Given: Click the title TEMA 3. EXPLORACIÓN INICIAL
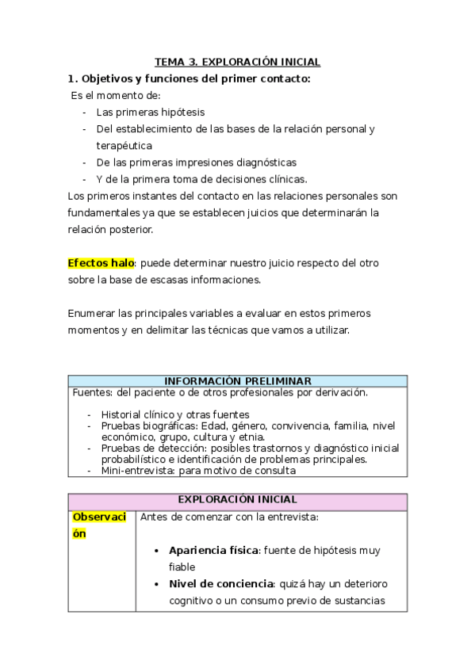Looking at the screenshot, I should pyautogui.click(x=237, y=62).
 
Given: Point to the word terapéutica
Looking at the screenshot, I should pyautogui.click(x=124, y=145).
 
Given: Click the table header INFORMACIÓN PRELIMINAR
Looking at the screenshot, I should pyautogui.click(x=237, y=381).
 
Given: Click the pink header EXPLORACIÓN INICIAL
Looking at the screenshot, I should pyautogui.click(x=237, y=500).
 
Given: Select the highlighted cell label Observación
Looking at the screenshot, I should pyautogui.click(x=99, y=525).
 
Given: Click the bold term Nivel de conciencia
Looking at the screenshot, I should pyautogui.click(x=220, y=584).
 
